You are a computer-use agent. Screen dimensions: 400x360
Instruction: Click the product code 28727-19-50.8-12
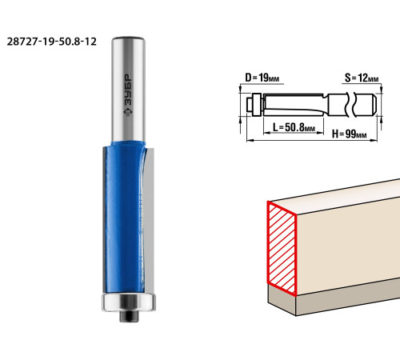click(x=51, y=42)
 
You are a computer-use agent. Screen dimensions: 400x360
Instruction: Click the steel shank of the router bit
click(x=128, y=90)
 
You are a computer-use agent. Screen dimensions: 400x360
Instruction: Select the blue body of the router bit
click(x=124, y=218)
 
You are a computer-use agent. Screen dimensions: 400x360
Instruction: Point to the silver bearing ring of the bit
click(x=129, y=302)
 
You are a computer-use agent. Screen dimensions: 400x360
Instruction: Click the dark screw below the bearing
click(x=129, y=316)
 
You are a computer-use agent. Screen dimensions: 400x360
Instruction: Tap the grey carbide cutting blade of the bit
click(x=149, y=218)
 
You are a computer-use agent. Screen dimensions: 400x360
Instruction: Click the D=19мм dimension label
click(x=262, y=78)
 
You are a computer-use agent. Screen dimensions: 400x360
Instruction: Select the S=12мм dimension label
click(x=362, y=78)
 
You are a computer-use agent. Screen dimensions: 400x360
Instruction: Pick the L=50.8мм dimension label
click(x=294, y=127)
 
